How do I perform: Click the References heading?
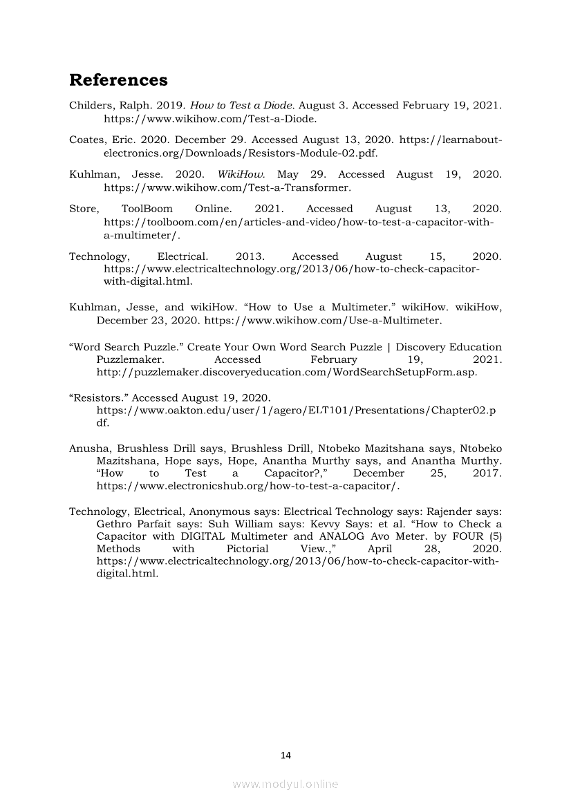[118, 80]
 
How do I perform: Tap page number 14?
[285, 755]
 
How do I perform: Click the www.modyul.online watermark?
[285, 784]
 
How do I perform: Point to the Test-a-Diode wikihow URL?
[210, 119]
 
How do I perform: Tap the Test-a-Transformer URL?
[227, 187]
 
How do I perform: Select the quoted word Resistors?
[98, 397]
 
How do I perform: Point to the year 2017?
[486, 473]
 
